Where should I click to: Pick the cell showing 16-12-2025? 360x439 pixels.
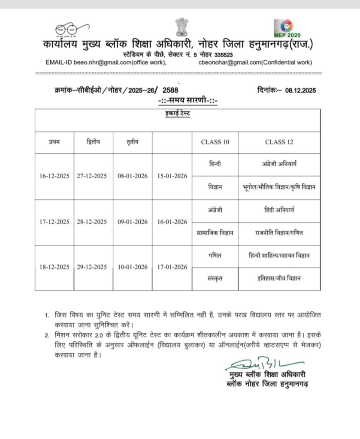click(54, 176)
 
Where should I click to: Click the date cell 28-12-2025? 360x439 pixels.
click(92, 222)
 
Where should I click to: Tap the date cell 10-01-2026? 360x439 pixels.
click(132, 267)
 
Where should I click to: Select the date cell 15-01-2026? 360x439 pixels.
click(172, 176)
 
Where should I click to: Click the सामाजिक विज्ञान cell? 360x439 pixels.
click(215, 233)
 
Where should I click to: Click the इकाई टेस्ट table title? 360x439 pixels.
click(180, 114)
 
